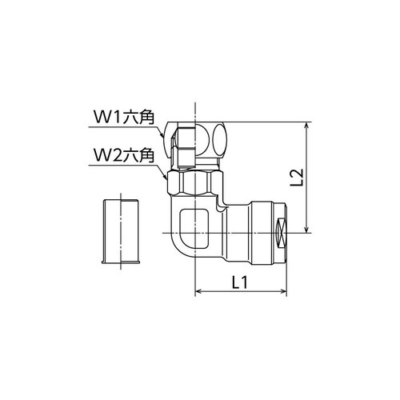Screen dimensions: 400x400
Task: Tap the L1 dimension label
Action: pos(239,282)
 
